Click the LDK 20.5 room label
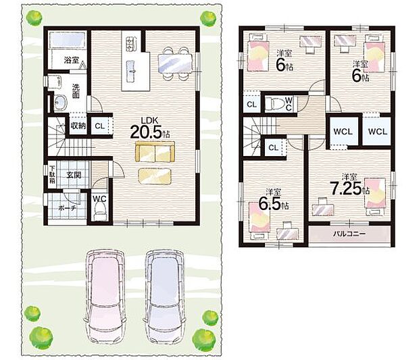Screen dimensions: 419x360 click(x=151, y=128)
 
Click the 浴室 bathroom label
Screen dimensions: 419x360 click(x=72, y=60)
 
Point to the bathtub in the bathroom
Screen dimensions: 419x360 click(x=68, y=41)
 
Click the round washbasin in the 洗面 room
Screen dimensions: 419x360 click(x=60, y=102)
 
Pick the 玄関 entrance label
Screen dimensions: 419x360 click(x=74, y=176)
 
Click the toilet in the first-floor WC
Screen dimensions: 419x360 click(x=99, y=211)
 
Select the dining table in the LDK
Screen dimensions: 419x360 click(x=175, y=63)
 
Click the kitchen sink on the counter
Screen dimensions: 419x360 click(x=131, y=70)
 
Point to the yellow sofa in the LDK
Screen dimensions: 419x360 click(x=155, y=151)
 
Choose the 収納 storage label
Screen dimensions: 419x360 click(x=78, y=126)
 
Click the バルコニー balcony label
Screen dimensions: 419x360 click(x=349, y=234)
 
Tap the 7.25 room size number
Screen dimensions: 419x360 click(x=346, y=188)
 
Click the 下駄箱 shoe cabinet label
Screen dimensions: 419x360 click(x=52, y=175)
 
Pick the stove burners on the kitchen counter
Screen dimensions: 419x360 click(x=130, y=43)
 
